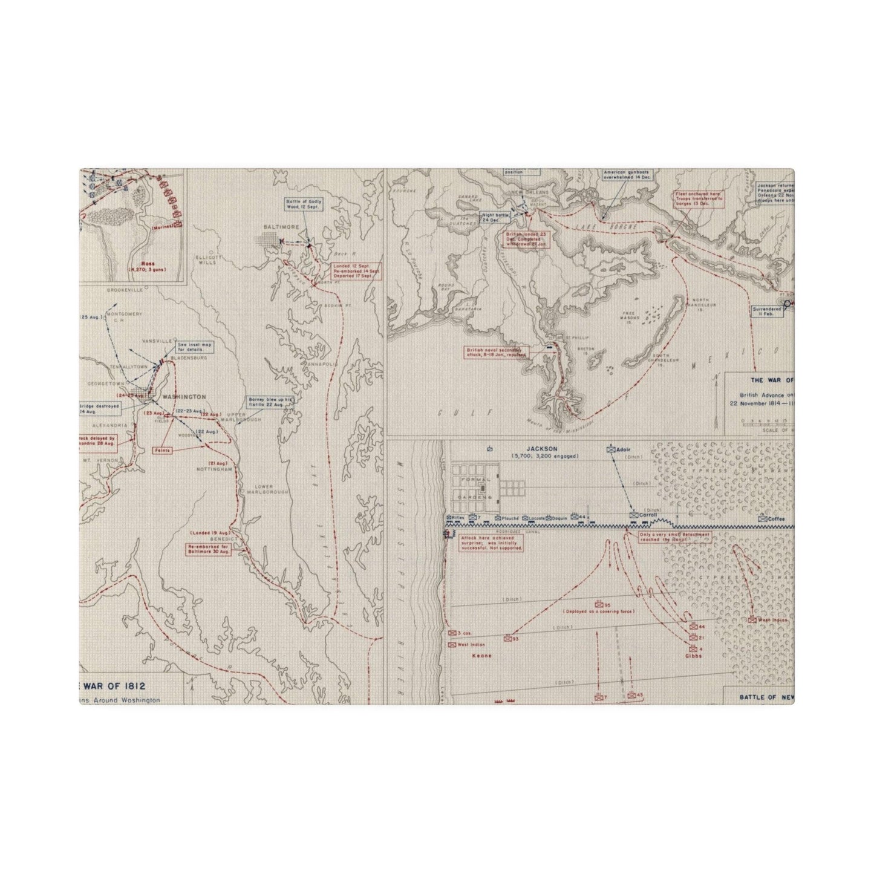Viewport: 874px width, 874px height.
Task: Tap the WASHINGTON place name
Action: click(x=183, y=397)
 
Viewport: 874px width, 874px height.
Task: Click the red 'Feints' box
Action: click(x=162, y=450)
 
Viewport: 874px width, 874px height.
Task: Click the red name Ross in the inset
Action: click(x=147, y=264)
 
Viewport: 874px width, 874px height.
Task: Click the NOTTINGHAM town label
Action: click(x=214, y=469)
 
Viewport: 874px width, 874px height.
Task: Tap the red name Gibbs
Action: click(x=693, y=655)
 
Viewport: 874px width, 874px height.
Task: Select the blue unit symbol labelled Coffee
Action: click(x=763, y=518)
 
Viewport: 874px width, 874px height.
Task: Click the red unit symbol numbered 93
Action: click(x=507, y=638)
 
